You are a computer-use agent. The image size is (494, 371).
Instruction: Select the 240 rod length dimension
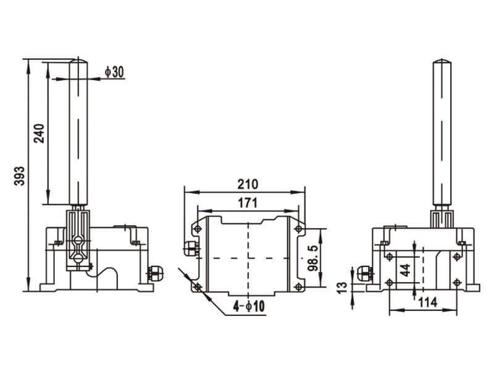[39, 133]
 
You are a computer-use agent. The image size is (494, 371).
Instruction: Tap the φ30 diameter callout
[114, 72]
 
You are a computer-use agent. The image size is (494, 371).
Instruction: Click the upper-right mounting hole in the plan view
[298, 229]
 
